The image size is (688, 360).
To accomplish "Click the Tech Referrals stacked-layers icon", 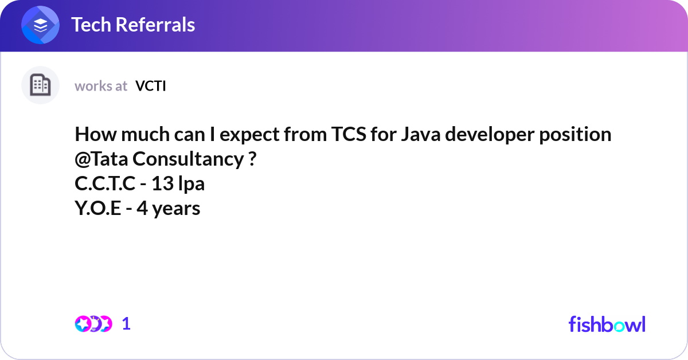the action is click(x=40, y=25).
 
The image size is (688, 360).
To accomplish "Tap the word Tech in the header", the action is click(x=91, y=25).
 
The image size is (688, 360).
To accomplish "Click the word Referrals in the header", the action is click(x=155, y=25).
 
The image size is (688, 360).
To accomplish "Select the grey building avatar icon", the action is click(x=40, y=85).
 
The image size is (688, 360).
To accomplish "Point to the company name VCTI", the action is click(x=150, y=86).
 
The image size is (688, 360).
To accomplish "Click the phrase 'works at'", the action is click(x=101, y=86).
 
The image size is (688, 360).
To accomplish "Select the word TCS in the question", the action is click(x=349, y=134).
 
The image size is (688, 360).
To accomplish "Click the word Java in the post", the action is click(x=421, y=134).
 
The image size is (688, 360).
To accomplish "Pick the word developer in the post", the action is click(x=490, y=135).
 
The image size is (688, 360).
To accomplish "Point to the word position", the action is click(x=575, y=135).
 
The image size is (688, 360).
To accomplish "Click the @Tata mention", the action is click(x=101, y=159).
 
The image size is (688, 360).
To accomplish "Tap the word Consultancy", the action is click(x=188, y=159).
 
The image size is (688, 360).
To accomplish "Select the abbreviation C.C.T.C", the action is click(x=105, y=183).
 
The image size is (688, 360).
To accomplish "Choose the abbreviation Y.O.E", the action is click(x=98, y=208).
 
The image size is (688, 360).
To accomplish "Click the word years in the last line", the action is click(x=176, y=209).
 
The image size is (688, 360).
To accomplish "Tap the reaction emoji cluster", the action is click(x=93, y=324).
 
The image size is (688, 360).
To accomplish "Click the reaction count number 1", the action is click(x=126, y=324).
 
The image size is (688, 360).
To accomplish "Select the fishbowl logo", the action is click(x=607, y=324).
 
